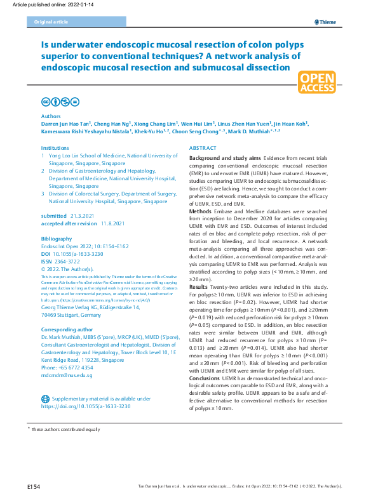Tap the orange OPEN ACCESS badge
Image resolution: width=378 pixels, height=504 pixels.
point(318,83)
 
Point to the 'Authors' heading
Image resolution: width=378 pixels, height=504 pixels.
point(51,117)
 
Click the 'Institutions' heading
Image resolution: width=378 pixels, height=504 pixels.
point(55,147)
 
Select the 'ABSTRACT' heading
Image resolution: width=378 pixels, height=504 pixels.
point(203,147)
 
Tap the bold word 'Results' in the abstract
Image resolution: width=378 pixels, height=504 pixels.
point(200,287)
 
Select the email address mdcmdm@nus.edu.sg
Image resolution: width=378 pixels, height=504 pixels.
point(67,375)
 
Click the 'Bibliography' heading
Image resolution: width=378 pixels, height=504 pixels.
point(57,238)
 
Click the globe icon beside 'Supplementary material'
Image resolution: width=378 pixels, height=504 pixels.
point(45,398)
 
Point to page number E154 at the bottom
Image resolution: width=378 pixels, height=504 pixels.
point(34,486)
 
